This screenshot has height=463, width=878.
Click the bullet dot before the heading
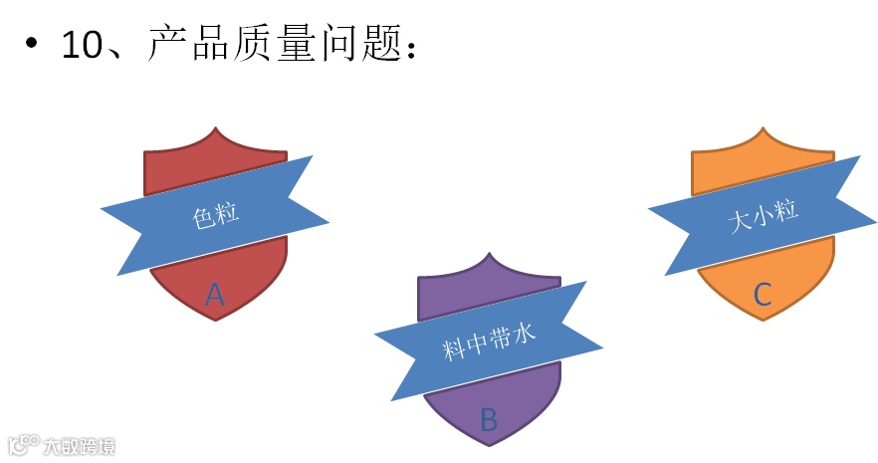[x=32, y=45]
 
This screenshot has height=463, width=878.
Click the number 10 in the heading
[x=84, y=46]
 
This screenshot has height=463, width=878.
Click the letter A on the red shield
[x=215, y=294]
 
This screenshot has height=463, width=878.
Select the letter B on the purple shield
[x=489, y=419]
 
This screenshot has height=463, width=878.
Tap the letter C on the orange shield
[x=763, y=294]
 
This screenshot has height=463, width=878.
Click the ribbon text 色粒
[x=215, y=215]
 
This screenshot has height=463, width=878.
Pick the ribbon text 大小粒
[x=764, y=215]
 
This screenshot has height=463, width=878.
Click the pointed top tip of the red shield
[x=215, y=127]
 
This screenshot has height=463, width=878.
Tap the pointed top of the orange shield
[x=763, y=127]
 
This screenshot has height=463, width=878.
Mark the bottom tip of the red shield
[x=216, y=320]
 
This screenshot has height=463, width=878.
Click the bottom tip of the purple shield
[x=490, y=445]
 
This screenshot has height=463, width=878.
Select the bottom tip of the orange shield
[x=764, y=320]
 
